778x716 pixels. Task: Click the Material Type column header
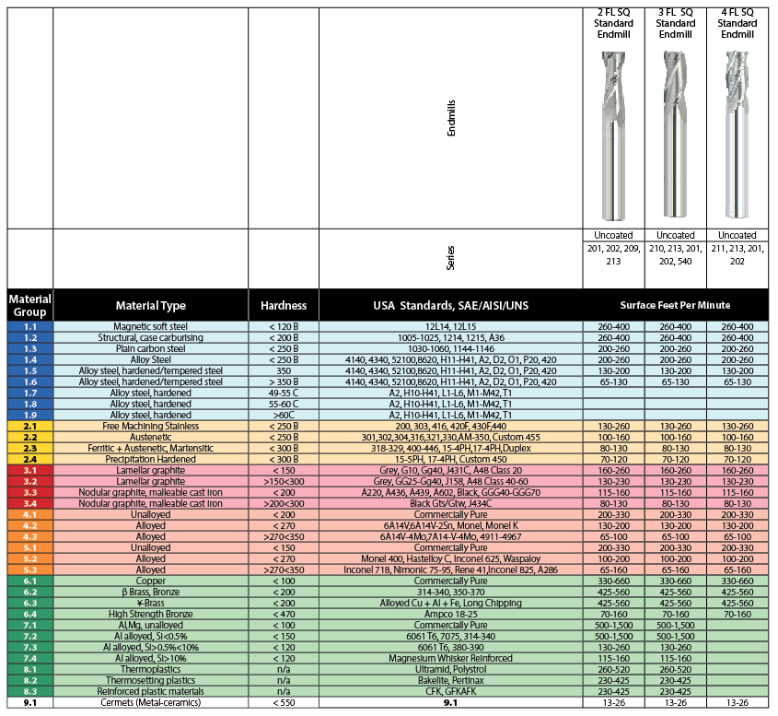click(151, 305)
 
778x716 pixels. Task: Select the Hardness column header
click(283, 305)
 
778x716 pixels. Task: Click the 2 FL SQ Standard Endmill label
click(613, 23)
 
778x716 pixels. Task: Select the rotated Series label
click(451, 257)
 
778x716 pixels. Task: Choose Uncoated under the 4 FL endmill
click(737, 235)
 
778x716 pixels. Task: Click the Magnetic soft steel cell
click(151, 327)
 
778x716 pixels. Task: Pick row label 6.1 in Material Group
click(30, 581)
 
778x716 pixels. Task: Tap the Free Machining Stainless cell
click(151, 427)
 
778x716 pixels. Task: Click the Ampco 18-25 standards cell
click(450, 615)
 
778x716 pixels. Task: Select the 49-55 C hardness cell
click(283, 393)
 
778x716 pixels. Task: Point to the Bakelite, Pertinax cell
click(450, 681)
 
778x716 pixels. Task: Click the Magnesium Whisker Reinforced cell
click(450, 659)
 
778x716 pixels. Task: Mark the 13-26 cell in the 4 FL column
click(737, 703)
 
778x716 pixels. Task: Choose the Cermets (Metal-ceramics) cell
click(151, 703)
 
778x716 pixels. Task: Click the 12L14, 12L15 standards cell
click(450, 327)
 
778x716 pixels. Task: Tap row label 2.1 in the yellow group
click(30, 427)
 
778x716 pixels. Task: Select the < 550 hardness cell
click(283, 703)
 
